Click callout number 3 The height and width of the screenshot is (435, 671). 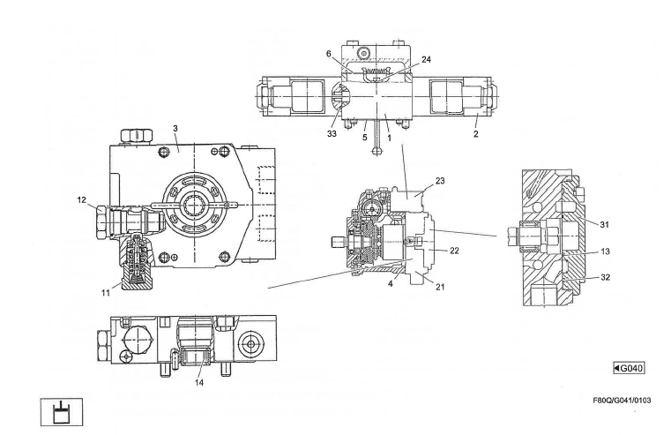coord(175,129)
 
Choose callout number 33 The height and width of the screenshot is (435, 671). coord(332,135)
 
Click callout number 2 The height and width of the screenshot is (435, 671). coord(477,138)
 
